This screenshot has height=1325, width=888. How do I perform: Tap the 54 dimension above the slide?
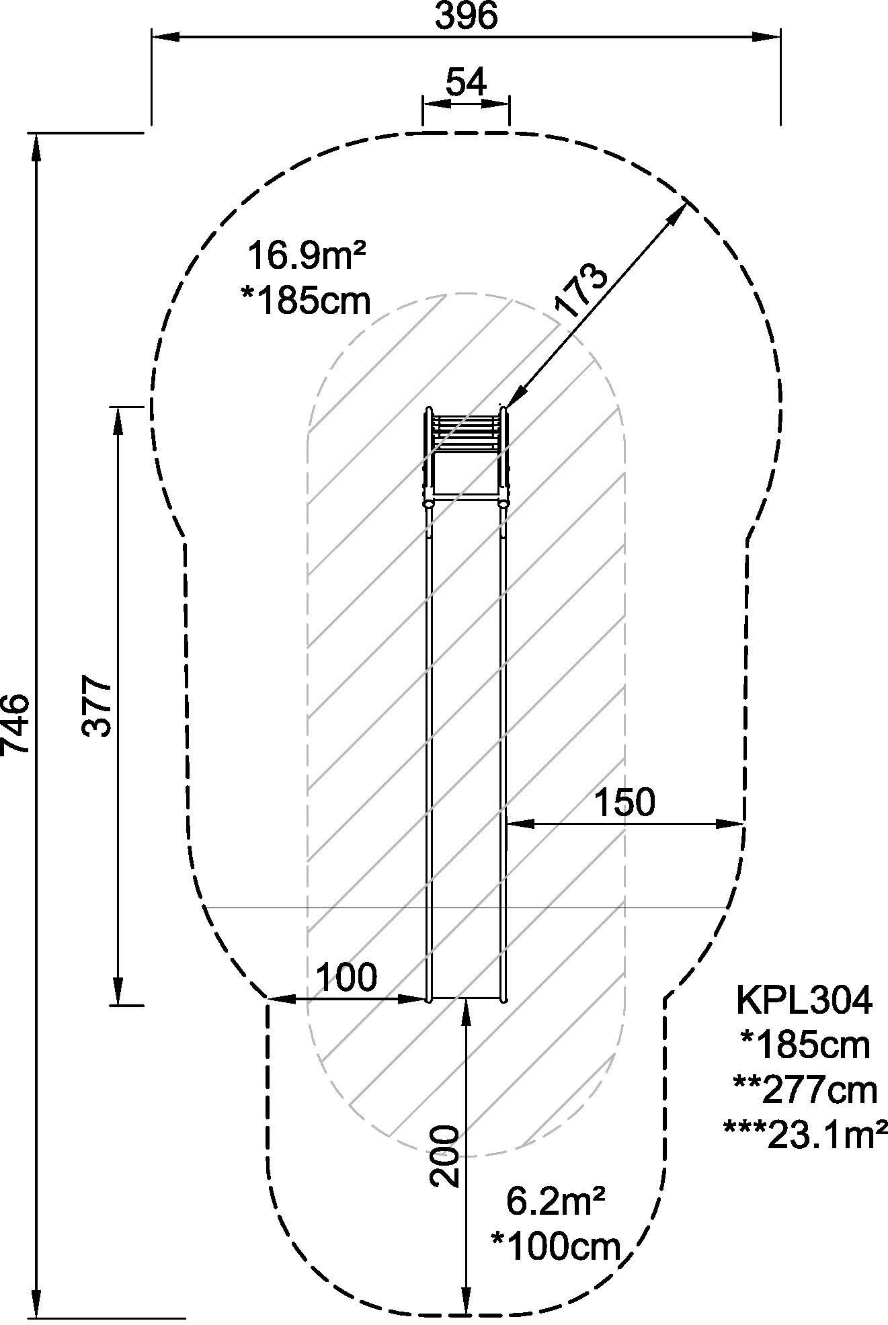click(466, 83)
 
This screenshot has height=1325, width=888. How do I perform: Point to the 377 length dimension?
click(96, 707)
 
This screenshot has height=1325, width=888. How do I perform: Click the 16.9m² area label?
click(307, 256)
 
